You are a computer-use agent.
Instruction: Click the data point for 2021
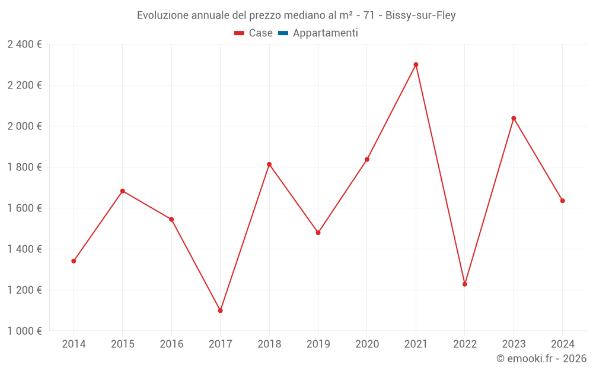[x=416, y=65]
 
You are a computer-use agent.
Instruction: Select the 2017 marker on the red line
[x=220, y=310]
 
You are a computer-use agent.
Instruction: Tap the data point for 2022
[x=465, y=284]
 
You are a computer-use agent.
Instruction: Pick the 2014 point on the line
[x=74, y=261]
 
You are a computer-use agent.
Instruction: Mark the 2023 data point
[x=514, y=118]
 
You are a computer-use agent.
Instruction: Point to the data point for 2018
[x=269, y=164]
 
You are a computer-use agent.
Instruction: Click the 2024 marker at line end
[x=562, y=201]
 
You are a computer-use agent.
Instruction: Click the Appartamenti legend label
[x=325, y=33]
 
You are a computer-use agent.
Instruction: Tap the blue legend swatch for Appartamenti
[x=283, y=33]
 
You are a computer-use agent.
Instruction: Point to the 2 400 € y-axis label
[x=24, y=45]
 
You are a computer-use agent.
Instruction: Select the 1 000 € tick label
[x=24, y=331]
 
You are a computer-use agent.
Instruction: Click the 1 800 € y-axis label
[x=24, y=167]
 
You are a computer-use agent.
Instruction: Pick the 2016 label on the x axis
[x=171, y=344]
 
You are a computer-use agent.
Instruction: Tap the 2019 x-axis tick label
[x=318, y=344]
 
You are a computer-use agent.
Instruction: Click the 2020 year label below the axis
[x=367, y=344]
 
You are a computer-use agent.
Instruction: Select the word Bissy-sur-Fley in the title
[x=420, y=15]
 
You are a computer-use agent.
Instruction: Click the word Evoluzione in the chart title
[x=162, y=15]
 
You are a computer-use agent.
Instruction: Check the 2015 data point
[x=123, y=191]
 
